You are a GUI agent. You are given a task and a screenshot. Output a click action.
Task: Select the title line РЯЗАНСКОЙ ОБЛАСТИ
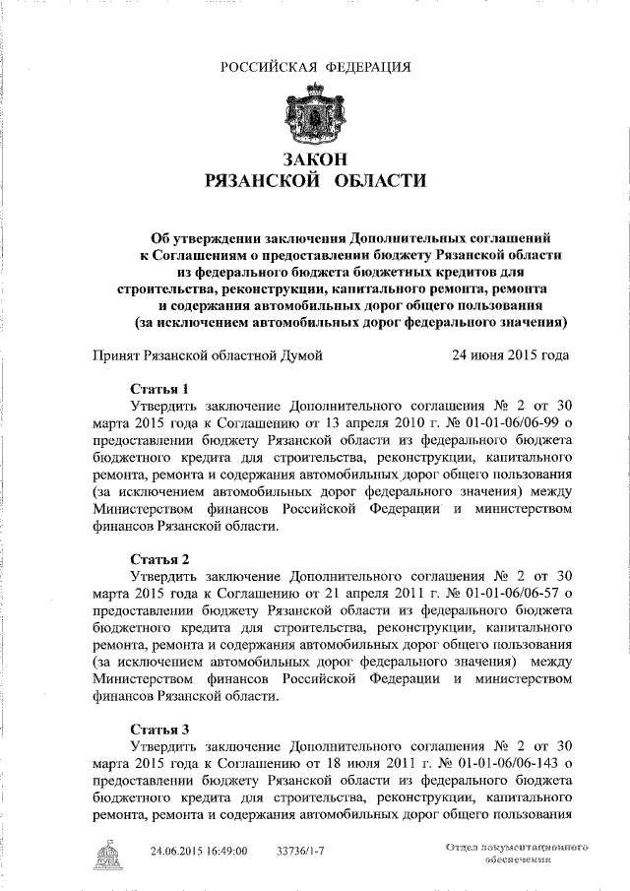pos(315,181)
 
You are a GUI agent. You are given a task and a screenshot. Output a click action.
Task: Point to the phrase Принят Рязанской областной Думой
pos(207,356)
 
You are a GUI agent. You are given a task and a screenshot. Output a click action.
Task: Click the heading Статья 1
pos(158,389)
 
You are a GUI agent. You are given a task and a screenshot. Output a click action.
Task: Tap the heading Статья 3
pos(158,730)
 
